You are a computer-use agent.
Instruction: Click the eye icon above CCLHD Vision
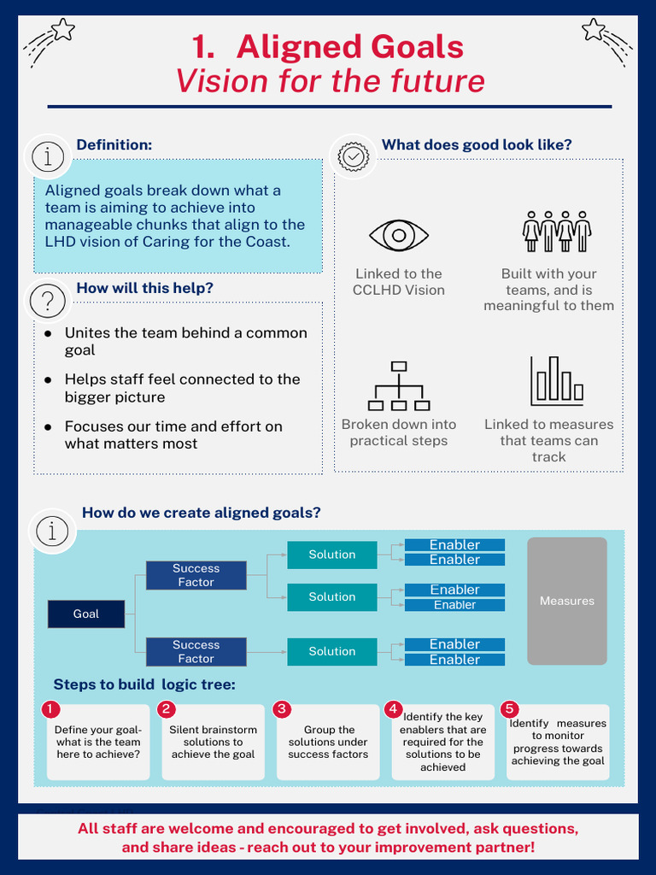(x=398, y=235)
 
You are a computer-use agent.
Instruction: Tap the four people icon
(x=556, y=231)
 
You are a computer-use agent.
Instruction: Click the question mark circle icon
(x=48, y=301)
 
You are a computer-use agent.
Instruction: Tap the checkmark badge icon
(x=354, y=156)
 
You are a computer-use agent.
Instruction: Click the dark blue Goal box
(x=85, y=614)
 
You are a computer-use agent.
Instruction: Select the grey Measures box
(x=566, y=601)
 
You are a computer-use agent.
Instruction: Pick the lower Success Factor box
(x=196, y=652)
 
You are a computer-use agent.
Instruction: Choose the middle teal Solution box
(x=331, y=597)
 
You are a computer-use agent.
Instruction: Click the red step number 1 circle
(x=51, y=709)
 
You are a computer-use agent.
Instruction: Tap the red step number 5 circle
(x=510, y=709)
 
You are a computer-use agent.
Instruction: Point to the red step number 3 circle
(x=283, y=709)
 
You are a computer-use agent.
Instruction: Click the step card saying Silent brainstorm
(x=213, y=742)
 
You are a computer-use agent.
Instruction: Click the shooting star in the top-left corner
(x=50, y=40)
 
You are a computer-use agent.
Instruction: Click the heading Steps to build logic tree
(x=143, y=684)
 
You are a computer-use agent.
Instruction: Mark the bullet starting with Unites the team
(x=185, y=341)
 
